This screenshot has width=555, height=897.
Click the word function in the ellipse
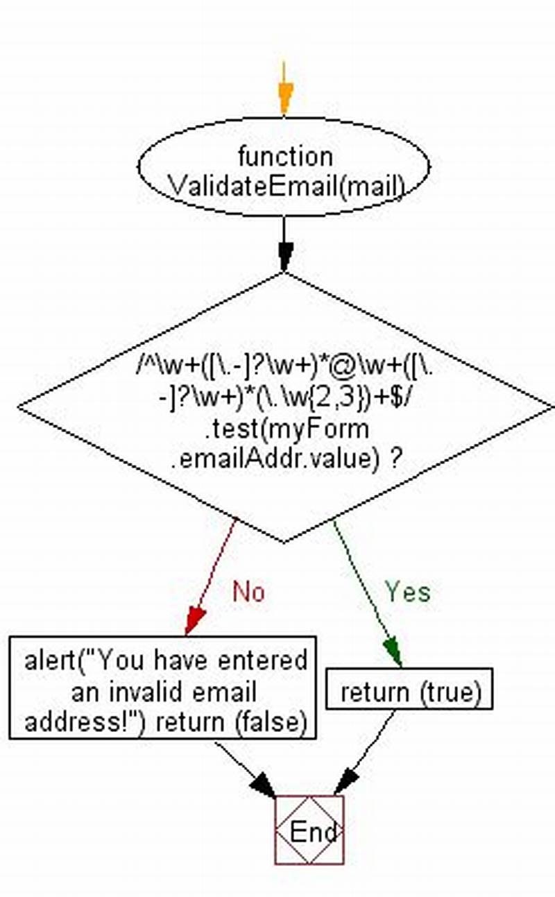(x=284, y=155)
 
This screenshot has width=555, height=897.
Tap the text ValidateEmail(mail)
(x=286, y=186)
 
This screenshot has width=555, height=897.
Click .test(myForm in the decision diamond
(x=287, y=429)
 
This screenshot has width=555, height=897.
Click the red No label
(x=248, y=592)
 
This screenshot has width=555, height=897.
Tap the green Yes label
(x=408, y=592)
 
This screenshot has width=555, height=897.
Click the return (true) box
(x=409, y=691)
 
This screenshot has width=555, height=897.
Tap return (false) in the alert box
(x=231, y=722)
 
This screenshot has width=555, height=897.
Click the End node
(x=309, y=830)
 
